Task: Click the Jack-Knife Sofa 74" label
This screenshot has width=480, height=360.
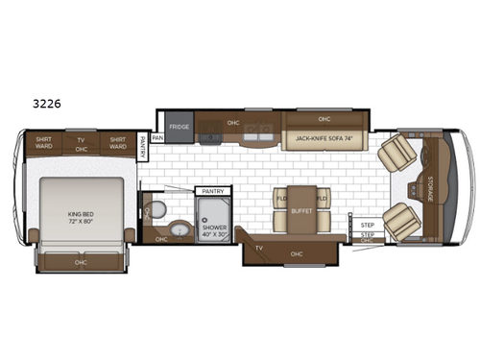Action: click(325, 138)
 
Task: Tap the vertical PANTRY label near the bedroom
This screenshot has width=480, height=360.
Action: click(142, 147)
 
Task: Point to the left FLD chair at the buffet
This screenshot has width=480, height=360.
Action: click(281, 199)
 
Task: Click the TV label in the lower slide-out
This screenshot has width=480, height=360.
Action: click(259, 247)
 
